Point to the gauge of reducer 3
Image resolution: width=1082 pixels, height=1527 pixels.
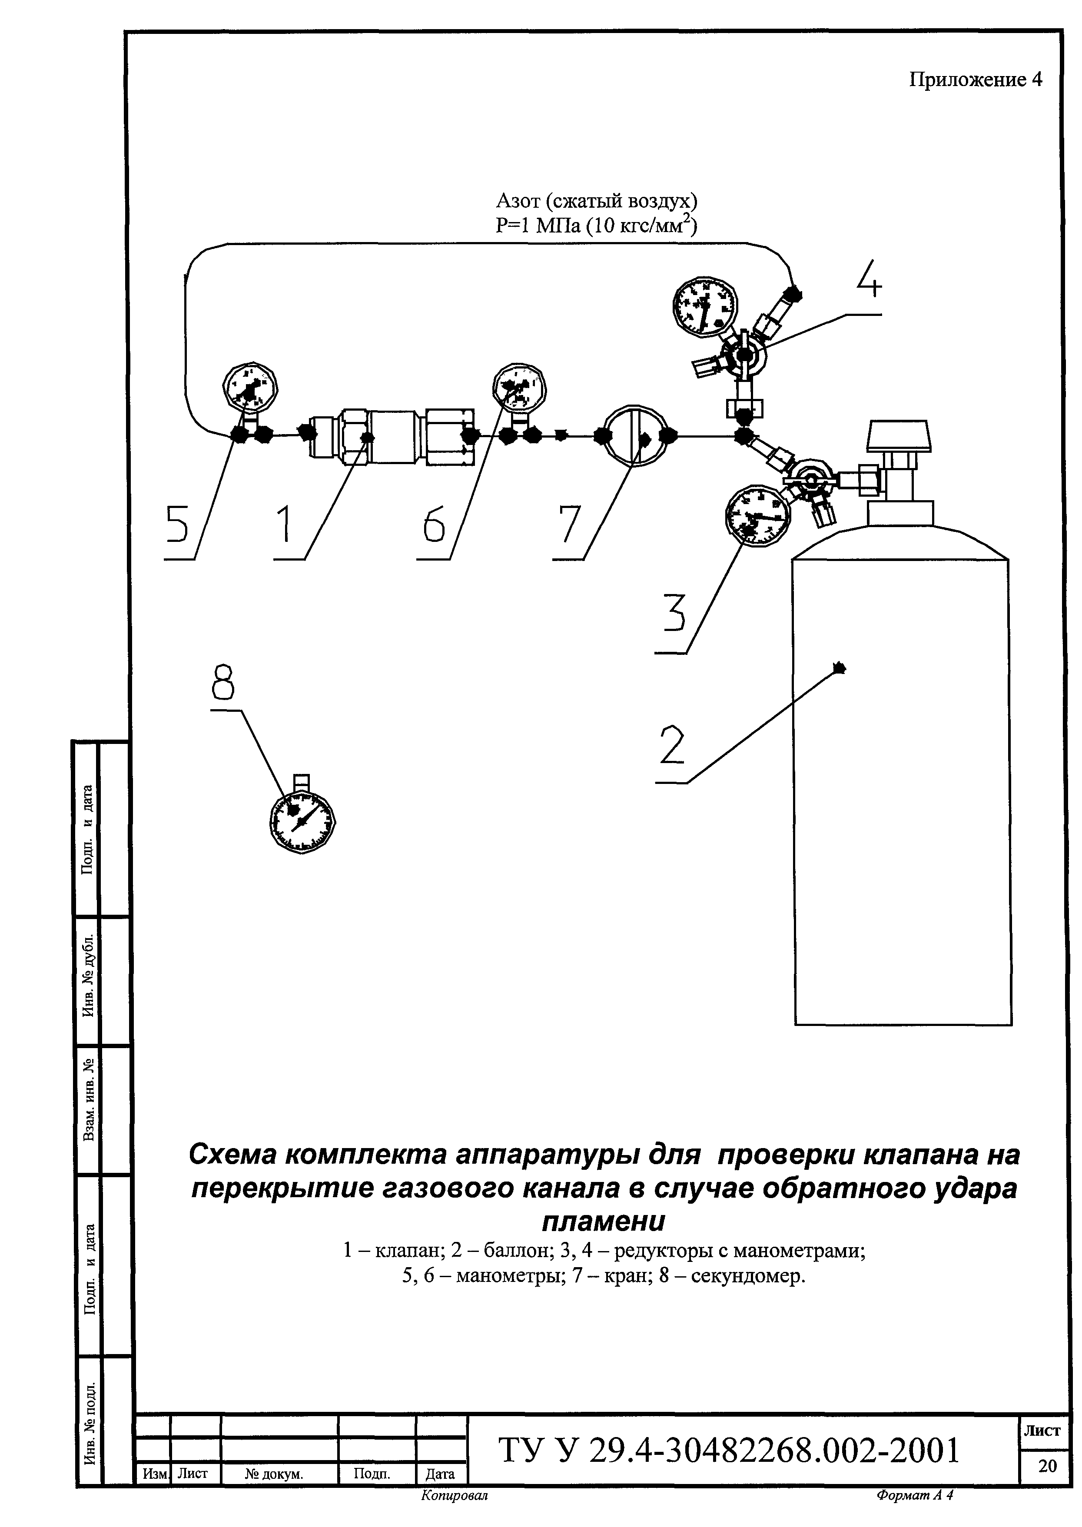tap(756, 516)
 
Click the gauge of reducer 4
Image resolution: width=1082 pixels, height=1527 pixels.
tap(704, 306)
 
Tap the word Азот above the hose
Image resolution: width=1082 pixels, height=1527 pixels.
tap(517, 200)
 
